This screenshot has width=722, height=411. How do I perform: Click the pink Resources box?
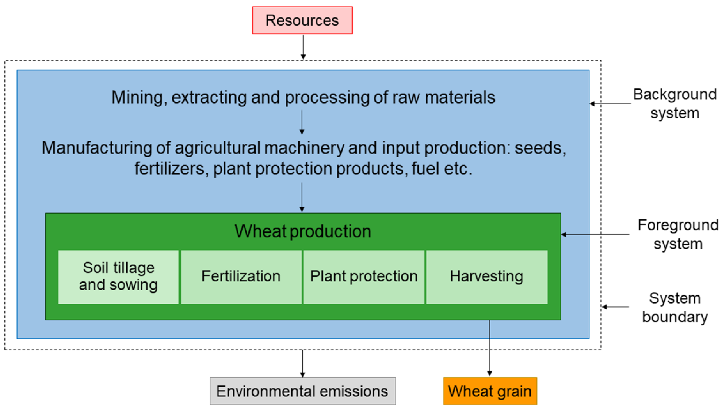302,20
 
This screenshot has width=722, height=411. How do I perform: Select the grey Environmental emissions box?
302,391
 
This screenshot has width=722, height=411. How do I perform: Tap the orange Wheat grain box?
490,391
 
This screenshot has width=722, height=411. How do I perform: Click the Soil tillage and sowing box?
118,277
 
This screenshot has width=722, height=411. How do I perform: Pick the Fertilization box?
241,277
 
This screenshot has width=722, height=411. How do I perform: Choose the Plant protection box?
364,277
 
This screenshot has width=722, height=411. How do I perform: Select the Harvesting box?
487,277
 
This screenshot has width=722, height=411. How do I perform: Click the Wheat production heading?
303,231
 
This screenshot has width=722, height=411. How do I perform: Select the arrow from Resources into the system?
303,47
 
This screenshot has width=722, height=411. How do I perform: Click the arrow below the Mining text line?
302,122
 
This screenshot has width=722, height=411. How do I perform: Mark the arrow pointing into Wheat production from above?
302,197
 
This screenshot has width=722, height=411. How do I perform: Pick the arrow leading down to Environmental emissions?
302,364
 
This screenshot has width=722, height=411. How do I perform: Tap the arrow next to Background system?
610,104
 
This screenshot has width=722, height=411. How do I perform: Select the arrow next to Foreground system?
595,234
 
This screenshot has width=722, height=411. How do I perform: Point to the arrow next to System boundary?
615,307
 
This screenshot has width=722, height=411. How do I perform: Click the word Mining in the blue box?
137,97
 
